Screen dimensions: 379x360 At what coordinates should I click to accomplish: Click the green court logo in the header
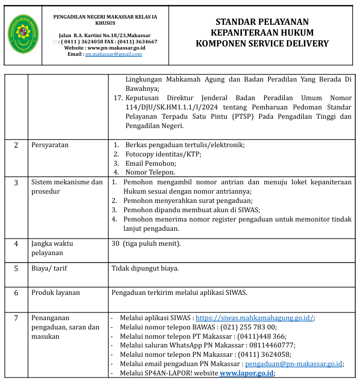click(23, 35)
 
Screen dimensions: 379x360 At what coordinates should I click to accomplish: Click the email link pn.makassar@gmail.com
click(113, 54)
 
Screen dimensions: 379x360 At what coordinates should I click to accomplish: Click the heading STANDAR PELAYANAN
click(262, 22)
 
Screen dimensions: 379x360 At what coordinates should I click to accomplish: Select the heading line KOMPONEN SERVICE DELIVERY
click(262, 43)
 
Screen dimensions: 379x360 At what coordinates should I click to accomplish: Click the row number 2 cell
click(16, 145)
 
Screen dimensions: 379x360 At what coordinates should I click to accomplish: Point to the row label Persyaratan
click(50, 145)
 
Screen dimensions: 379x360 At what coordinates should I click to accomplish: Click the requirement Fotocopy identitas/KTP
click(163, 154)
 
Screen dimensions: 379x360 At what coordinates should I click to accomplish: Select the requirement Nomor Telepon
click(150, 172)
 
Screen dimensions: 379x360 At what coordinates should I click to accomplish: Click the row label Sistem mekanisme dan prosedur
click(67, 186)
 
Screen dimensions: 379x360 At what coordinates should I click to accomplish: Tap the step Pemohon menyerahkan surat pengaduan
click(187, 200)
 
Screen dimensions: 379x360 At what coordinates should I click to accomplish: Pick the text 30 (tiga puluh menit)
click(146, 243)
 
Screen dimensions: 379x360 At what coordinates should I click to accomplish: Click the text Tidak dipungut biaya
click(145, 268)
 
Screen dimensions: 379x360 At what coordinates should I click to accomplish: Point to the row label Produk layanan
click(56, 292)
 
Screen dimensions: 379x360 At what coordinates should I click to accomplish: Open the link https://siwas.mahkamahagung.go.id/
click(254, 318)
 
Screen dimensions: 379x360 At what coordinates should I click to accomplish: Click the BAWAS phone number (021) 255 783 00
click(249, 327)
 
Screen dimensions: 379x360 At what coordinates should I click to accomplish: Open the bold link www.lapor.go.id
click(247, 373)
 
